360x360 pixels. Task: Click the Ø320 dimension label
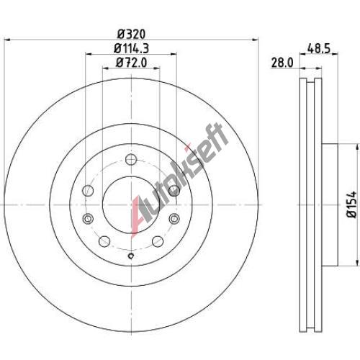click(x=131, y=35)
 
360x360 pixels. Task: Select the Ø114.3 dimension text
click(x=131, y=49)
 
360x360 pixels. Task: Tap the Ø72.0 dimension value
click(x=131, y=63)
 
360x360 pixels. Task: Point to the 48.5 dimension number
click(x=319, y=49)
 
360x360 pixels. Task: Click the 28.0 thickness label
click(x=282, y=63)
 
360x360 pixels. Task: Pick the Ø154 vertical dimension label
click(x=352, y=204)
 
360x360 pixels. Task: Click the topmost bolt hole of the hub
click(x=131, y=159)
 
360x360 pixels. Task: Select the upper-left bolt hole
click(x=88, y=191)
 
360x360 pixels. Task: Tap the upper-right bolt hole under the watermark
click(x=174, y=191)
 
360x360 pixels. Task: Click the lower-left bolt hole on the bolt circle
click(x=104, y=241)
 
